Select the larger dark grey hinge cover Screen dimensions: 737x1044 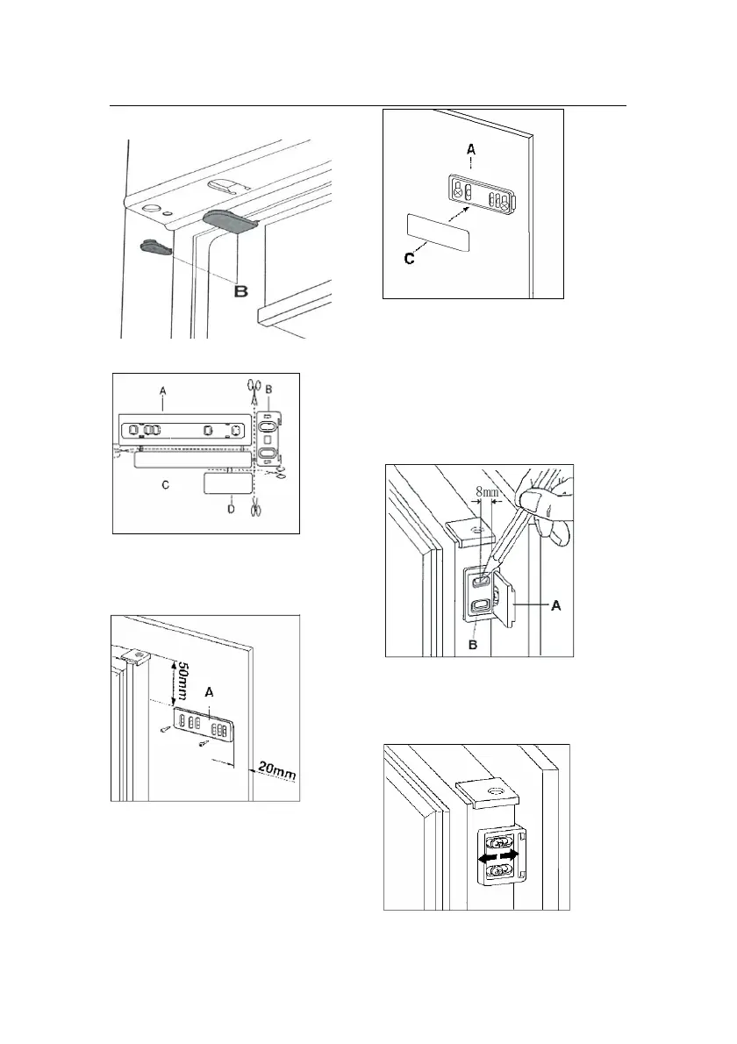229,220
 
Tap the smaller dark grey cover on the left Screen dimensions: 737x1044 156,246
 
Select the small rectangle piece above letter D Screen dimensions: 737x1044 227,483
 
